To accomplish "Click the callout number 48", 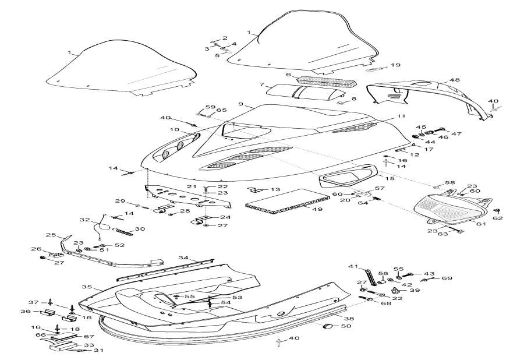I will pos(454,80).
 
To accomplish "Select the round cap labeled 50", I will pos(328,325).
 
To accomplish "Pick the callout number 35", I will pos(86,287).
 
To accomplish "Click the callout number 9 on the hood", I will pos(240,104).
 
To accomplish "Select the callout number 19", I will pos(395,65).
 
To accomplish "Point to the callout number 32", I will pos(85,220).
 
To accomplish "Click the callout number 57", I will pos(379,188).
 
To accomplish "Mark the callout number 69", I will pos(447,279).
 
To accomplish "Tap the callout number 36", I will pos(41,312).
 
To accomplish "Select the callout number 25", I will pos(50,235).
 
